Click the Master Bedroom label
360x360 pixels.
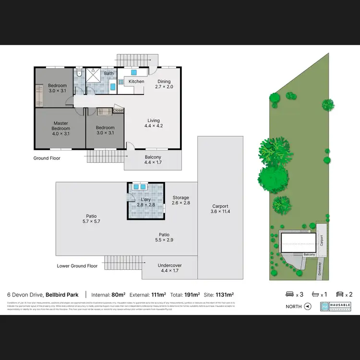point(61,128)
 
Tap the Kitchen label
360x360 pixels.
point(136,82)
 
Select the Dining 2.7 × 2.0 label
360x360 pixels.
point(164,84)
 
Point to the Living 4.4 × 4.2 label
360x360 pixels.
point(154,123)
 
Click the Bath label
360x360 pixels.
point(109,73)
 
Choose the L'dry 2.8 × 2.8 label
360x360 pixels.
point(146,202)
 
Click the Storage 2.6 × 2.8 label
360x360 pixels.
point(181,200)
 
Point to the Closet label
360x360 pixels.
point(118,110)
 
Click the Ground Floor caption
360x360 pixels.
point(47,157)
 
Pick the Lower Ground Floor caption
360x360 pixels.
point(77,265)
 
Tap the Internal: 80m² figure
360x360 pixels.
point(108,294)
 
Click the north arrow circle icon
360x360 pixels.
point(308,306)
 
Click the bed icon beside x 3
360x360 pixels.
point(289,294)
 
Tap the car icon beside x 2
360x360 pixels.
point(339,294)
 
